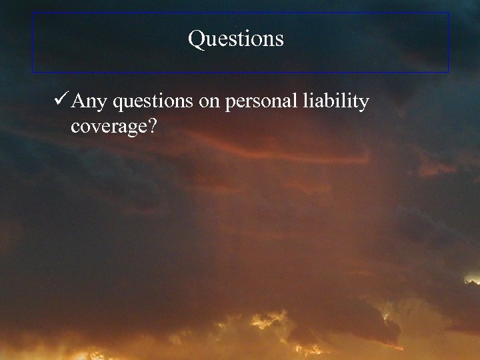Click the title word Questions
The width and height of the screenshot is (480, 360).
(236, 39)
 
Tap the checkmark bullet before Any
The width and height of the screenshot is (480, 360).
(59, 101)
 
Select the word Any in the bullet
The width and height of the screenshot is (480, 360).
(89, 102)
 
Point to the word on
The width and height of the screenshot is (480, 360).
(211, 103)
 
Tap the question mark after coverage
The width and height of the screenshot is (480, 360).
(152, 125)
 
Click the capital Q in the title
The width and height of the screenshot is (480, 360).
(197, 39)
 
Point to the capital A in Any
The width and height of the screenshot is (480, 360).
(79, 101)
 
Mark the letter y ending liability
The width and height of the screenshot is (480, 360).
(364, 104)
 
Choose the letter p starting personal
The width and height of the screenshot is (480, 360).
(231, 104)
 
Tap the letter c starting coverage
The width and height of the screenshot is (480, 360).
(75, 127)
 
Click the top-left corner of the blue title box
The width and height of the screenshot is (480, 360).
(33, 12)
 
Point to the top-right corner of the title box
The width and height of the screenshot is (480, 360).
(449, 12)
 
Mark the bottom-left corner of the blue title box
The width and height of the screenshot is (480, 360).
(33, 71)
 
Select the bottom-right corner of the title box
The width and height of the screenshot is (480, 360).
(449, 71)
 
